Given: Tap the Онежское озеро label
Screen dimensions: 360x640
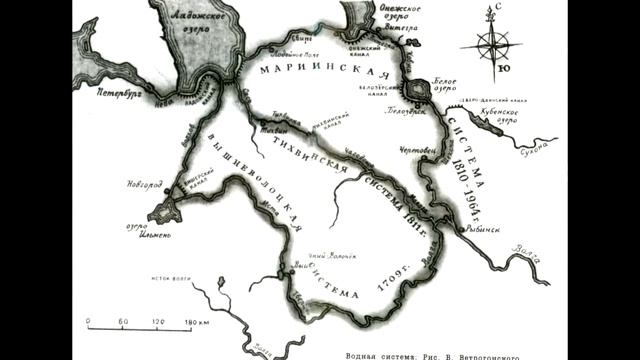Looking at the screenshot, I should click(396, 12).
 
